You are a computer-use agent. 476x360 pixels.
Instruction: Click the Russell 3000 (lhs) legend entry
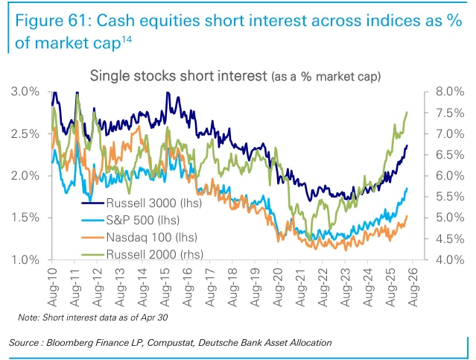142,203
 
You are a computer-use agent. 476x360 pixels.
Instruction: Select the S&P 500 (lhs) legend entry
130,220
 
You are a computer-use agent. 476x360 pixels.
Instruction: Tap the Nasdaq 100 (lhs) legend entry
139,237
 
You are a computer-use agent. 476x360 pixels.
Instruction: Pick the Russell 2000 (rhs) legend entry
142,254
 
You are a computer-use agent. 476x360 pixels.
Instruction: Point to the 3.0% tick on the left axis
25,92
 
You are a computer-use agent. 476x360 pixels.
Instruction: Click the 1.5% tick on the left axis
25,218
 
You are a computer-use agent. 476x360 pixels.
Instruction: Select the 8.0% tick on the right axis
450,92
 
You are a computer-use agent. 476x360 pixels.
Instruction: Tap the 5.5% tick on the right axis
450,197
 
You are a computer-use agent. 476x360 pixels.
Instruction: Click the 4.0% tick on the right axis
450,259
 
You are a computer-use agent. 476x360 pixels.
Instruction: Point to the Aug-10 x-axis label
52,287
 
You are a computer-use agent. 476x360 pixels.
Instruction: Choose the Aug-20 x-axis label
278,287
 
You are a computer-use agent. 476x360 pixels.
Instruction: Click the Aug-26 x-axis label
413,287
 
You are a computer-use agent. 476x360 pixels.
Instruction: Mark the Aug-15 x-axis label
165,287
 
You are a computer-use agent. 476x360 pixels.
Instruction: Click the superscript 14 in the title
127,40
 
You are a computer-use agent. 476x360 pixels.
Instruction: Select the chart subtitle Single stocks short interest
179,75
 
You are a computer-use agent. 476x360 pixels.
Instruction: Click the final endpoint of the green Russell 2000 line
407,112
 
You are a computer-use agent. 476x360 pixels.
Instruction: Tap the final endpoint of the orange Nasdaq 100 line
407,216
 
